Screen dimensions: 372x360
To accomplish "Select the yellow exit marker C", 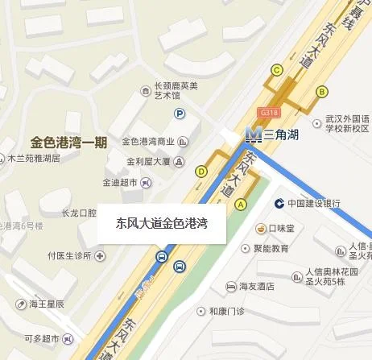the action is coord(276,70).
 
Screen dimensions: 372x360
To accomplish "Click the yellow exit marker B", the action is coord(321,91).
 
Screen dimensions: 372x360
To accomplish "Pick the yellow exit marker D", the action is coord(201,170).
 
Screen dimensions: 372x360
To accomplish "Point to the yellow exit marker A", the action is coord(240,205).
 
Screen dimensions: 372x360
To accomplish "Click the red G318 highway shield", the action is coord(269,113).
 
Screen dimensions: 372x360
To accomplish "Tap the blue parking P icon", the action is coord(180,114).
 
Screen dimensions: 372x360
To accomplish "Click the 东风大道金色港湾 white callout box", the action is coord(162,223).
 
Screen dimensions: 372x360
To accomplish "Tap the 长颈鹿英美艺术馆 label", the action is coord(176,89).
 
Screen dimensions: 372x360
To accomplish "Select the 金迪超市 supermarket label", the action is coord(121,182).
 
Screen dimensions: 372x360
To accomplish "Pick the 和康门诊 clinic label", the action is coord(226,311).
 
